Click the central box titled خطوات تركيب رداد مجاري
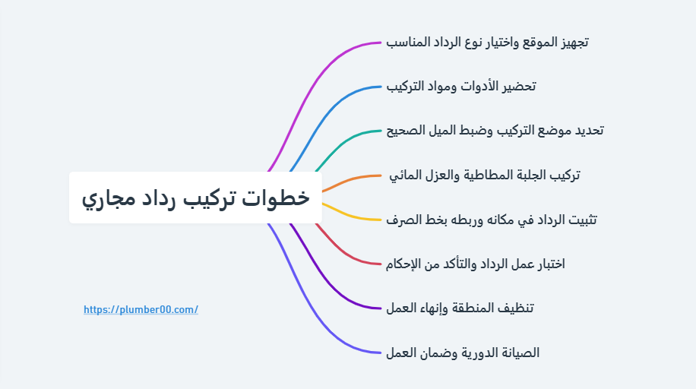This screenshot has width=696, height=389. point(195,198)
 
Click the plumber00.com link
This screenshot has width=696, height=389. point(141,309)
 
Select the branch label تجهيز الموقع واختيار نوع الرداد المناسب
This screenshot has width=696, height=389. point(487,43)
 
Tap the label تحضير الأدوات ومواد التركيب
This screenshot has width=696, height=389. point(460,87)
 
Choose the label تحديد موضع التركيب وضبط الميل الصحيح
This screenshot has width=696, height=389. point(495,131)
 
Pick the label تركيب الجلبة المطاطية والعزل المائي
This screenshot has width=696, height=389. point(484,176)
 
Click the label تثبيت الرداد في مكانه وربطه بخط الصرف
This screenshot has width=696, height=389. point(492,220)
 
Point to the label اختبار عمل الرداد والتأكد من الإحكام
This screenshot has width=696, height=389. point(476,264)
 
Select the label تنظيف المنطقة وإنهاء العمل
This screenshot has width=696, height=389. point(460,308)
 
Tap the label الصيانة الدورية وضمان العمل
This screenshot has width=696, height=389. point(463,353)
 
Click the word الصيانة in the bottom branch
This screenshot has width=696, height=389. point(519,353)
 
